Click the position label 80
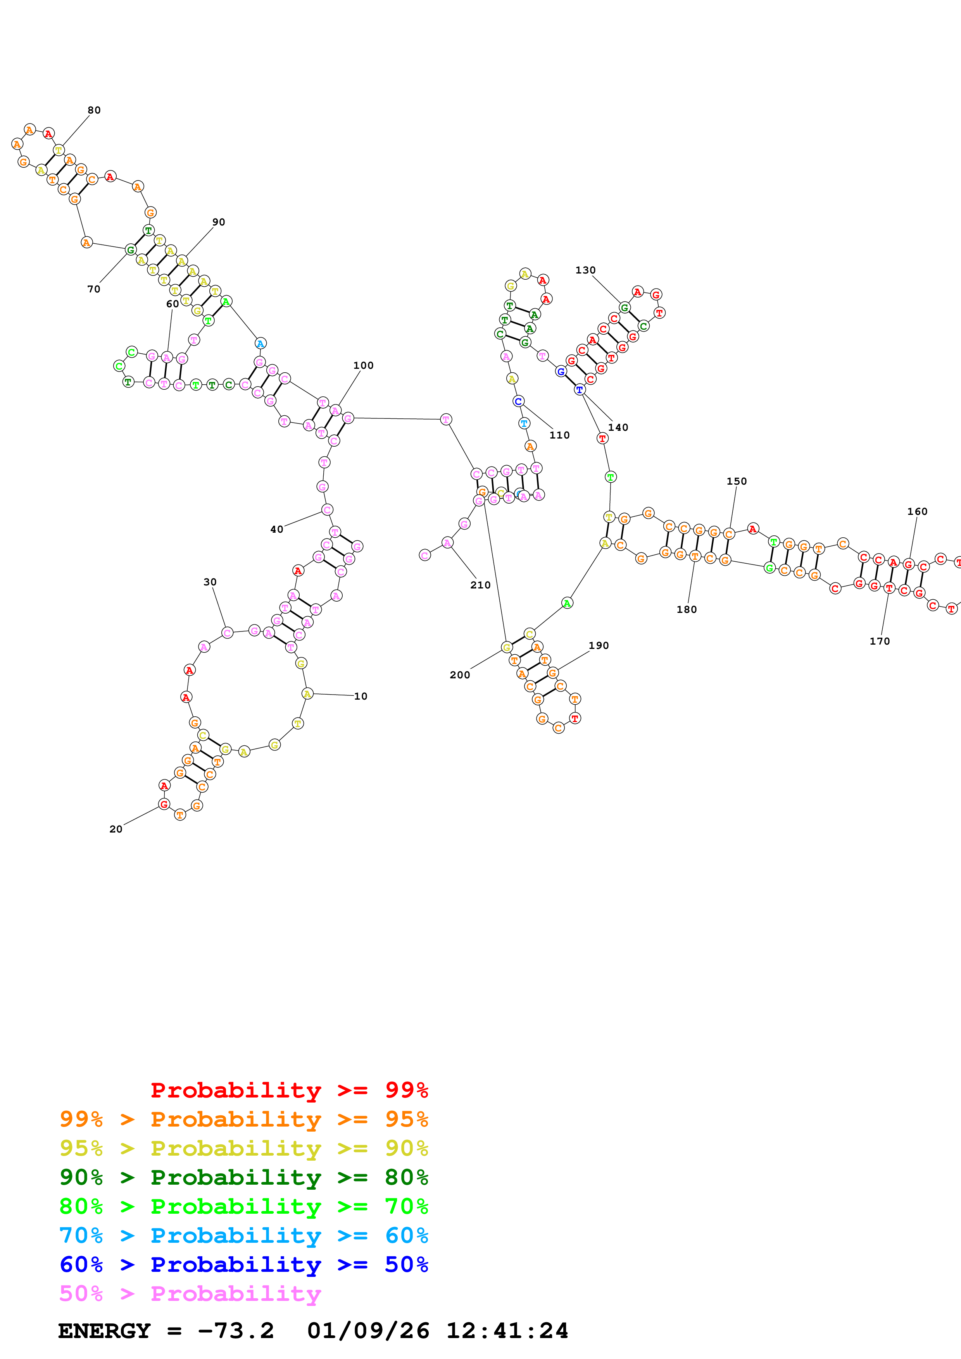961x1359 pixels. tap(94, 110)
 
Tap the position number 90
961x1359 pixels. tap(219, 222)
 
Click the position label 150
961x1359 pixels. tap(736, 481)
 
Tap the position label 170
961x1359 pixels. tap(879, 641)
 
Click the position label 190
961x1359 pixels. tap(598, 645)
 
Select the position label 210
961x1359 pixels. tap(480, 585)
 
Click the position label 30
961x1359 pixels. tap(210, 582)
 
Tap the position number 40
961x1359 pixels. tap(276, 529)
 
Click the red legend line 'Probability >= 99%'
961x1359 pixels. tap(289, 1090)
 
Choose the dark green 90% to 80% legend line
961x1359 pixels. tap(243, 1177)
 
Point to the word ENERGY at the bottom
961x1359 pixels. tap(104, 1331)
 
